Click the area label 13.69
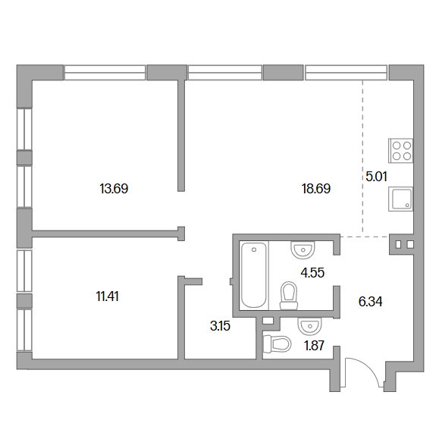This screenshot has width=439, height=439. pos(114,189)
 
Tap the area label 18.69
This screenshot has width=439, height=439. pos(316,189)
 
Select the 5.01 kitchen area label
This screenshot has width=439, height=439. pos(376,177)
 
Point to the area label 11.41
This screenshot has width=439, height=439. pos(107,296)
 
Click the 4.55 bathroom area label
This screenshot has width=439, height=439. pos(312,272)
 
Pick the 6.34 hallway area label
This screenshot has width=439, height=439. pos(370,302)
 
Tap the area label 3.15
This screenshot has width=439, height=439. pos(220,326)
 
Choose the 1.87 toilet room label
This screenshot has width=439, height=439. pos(314,346)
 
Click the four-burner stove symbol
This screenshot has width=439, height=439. pos(400,151)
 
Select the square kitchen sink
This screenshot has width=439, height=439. pos(400,199)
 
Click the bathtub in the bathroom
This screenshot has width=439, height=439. pos(254,275)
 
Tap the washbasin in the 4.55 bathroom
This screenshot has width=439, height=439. pos(303,249)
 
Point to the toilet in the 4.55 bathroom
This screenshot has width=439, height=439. pos(289,296)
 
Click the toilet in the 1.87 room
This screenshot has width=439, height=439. pos(278,343)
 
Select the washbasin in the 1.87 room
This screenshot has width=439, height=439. pos(310,326)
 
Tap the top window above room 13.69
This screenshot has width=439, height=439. pos(105,73)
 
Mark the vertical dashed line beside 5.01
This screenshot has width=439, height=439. pos(362,157)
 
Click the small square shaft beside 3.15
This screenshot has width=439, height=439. pos(268,321)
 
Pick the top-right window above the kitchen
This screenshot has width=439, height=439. pos(346,73)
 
